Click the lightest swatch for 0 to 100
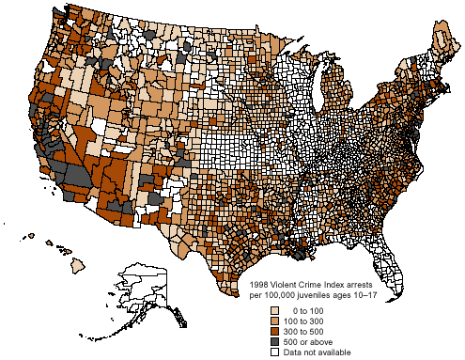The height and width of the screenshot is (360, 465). [x=274, y=310]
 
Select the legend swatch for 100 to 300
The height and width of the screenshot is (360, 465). [x=274, y=321]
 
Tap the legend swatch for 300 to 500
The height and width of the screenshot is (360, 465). [x=274, y=332]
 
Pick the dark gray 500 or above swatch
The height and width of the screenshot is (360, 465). [x=274, y=342]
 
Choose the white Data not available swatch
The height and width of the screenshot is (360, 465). [x=274, y=352]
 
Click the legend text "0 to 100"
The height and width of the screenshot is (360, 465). [x=308, y=310]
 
